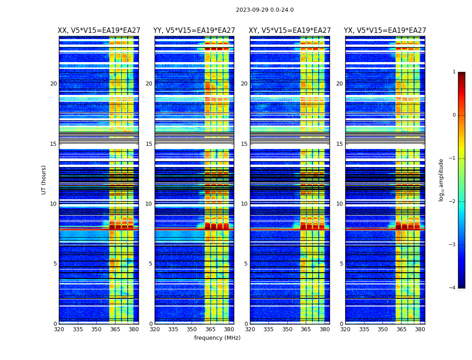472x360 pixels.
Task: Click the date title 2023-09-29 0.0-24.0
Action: [x=264, y=10]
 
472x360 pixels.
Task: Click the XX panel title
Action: [x=98, y=31]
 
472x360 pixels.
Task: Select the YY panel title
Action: [x=194, y=31]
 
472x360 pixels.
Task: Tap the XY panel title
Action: [x=289, y=31]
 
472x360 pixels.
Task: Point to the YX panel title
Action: [x=385, y=31]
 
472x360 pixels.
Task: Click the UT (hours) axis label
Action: [x=44, y=180]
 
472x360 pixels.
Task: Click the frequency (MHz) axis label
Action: [x=217, y=338]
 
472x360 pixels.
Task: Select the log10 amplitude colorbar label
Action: [x=441, y=180]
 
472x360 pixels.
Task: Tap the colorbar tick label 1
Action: [x=454, y=72]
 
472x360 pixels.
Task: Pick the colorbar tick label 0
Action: [x=454, y=115]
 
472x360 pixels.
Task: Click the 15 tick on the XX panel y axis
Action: [x=53, y=144]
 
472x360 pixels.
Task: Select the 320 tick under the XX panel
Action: [x=59, y=329]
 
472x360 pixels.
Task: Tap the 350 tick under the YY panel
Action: [x=191, y=329]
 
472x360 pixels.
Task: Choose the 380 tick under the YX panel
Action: [x=420, y=329]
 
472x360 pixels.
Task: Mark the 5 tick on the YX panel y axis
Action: [x=342, y=264]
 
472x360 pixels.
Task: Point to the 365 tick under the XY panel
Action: [x=306, y=329]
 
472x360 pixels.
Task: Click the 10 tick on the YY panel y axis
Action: [x=149, y=204]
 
